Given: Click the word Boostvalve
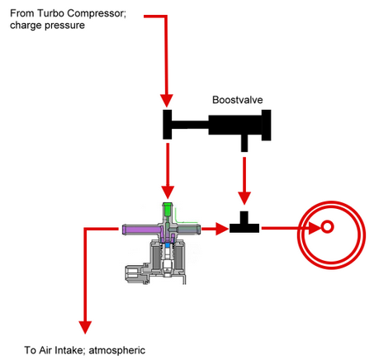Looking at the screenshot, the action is click(x=238, y=100).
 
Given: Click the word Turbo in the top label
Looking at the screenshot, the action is click(x=50, y=13).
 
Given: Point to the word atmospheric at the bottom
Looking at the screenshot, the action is click(x=117, y=350).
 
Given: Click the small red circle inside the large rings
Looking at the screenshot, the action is click(x=327, y=227).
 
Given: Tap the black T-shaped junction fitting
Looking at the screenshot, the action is click(x=244, y=222).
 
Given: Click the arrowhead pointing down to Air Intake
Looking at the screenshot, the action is click(x=85, y=328).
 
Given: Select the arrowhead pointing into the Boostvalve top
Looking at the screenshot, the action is click(x=167, y=101).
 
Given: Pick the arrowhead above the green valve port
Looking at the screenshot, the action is click(x=168, y=192).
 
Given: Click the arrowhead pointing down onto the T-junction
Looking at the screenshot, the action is click(x=244, y=198).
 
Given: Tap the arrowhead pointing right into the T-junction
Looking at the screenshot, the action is click(x=223, y=229).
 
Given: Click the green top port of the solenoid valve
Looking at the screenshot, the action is click(x=168, y=209).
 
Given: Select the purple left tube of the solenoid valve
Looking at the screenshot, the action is click(x=141, y=230).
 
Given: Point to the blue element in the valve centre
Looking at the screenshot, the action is click(x=167, y=244).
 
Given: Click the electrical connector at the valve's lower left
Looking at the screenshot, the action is click(x=135, y=274).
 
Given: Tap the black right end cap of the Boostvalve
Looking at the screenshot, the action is click(x=267, y=126).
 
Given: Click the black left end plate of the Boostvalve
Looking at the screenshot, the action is click(x=168, y=125).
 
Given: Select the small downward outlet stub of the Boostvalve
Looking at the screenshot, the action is click(x=244, y=143).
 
